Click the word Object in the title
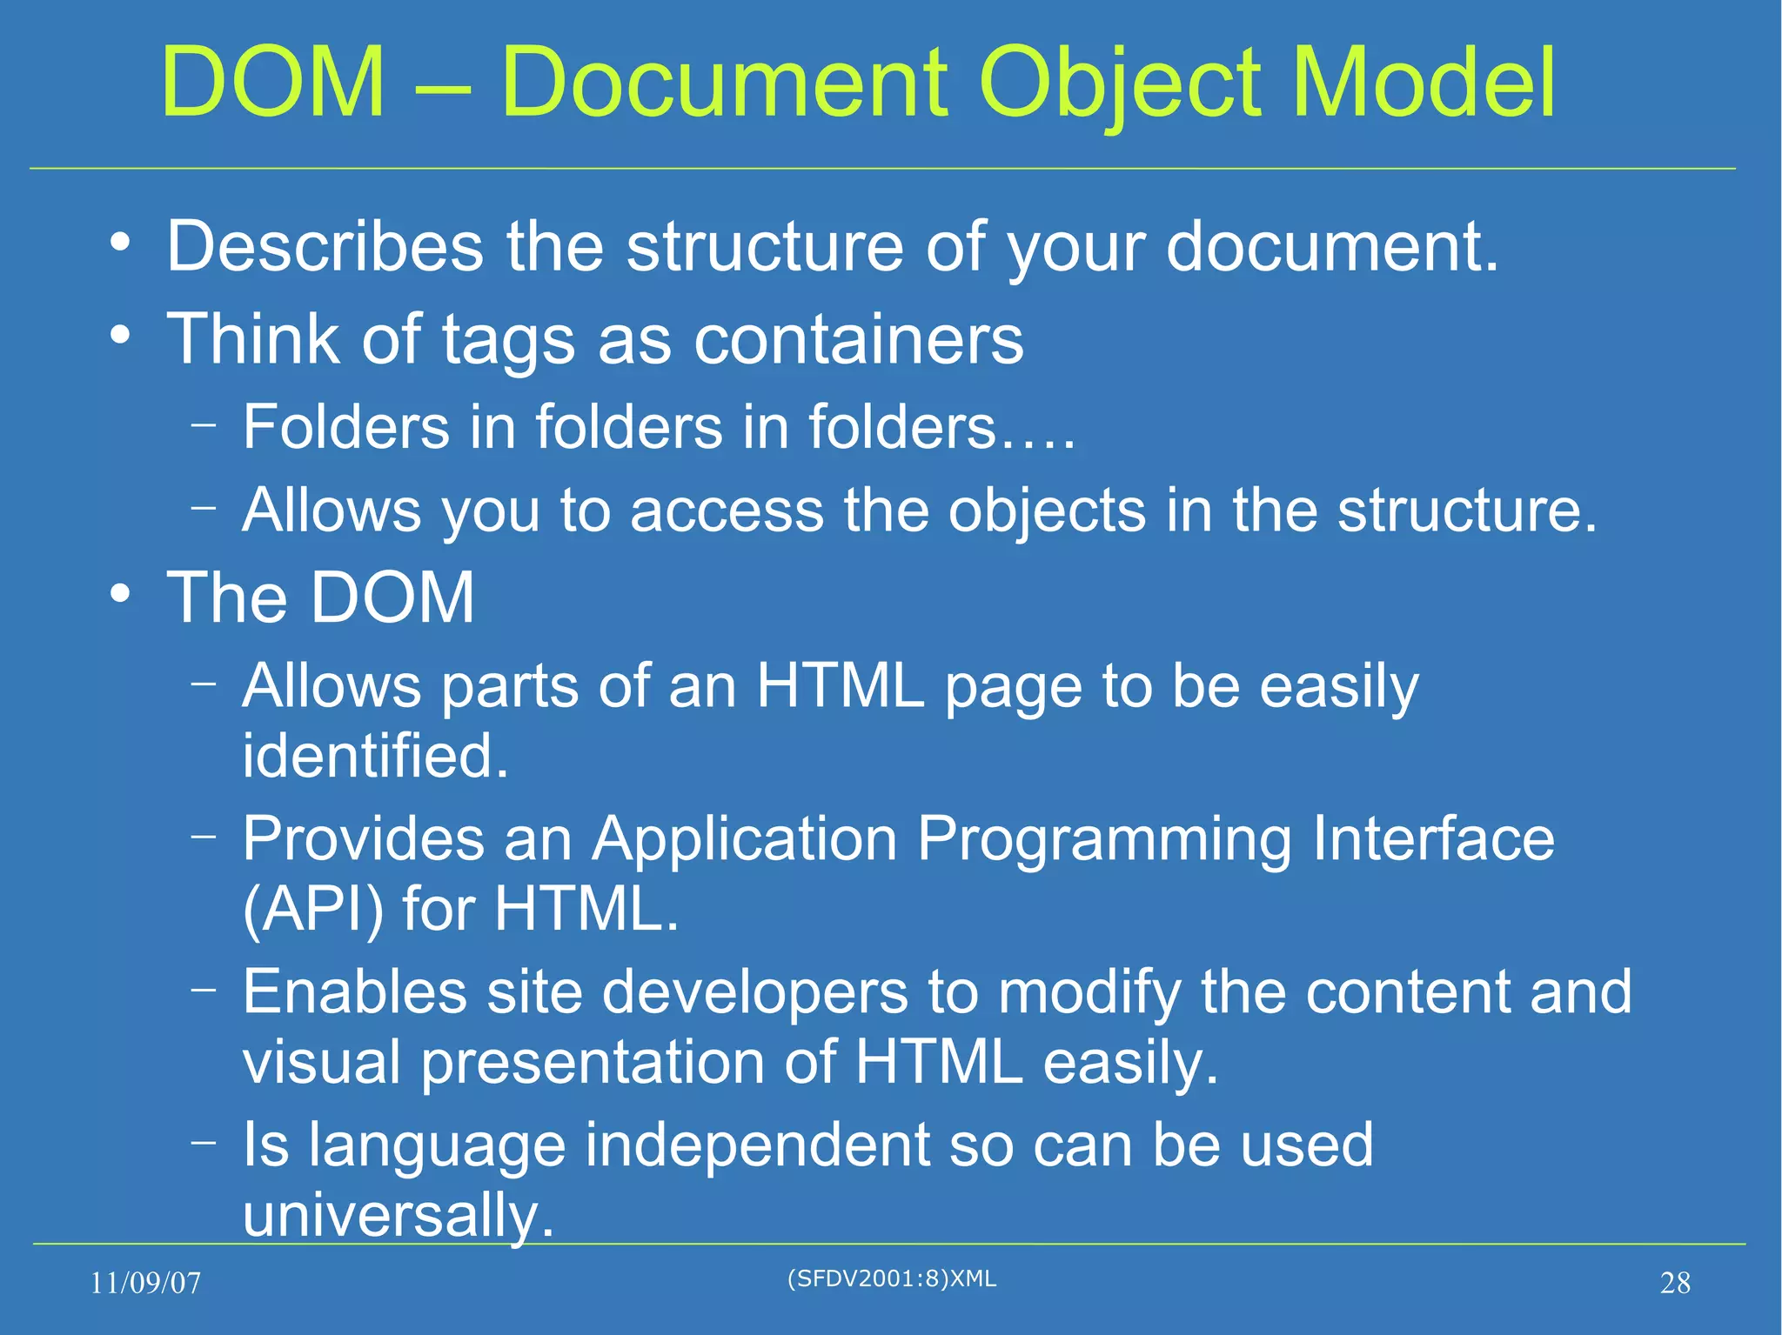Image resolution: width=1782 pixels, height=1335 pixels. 1121,84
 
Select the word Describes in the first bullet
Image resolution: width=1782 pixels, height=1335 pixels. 325,246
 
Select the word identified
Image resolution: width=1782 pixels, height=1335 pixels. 375,755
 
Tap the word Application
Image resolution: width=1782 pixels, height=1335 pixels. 745,839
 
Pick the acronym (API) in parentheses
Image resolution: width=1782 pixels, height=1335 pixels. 312,910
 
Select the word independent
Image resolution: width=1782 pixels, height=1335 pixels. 758,1145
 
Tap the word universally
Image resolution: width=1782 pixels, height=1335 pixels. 398,1215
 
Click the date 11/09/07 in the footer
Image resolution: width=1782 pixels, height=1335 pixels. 145,1283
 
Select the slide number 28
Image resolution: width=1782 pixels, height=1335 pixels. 1675,1283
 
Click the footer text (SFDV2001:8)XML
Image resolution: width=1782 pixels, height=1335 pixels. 891,1278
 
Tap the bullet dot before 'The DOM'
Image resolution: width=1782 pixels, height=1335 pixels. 120,595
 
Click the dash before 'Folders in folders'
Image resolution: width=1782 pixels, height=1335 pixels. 204,425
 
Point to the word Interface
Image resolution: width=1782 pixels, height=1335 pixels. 1433,839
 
